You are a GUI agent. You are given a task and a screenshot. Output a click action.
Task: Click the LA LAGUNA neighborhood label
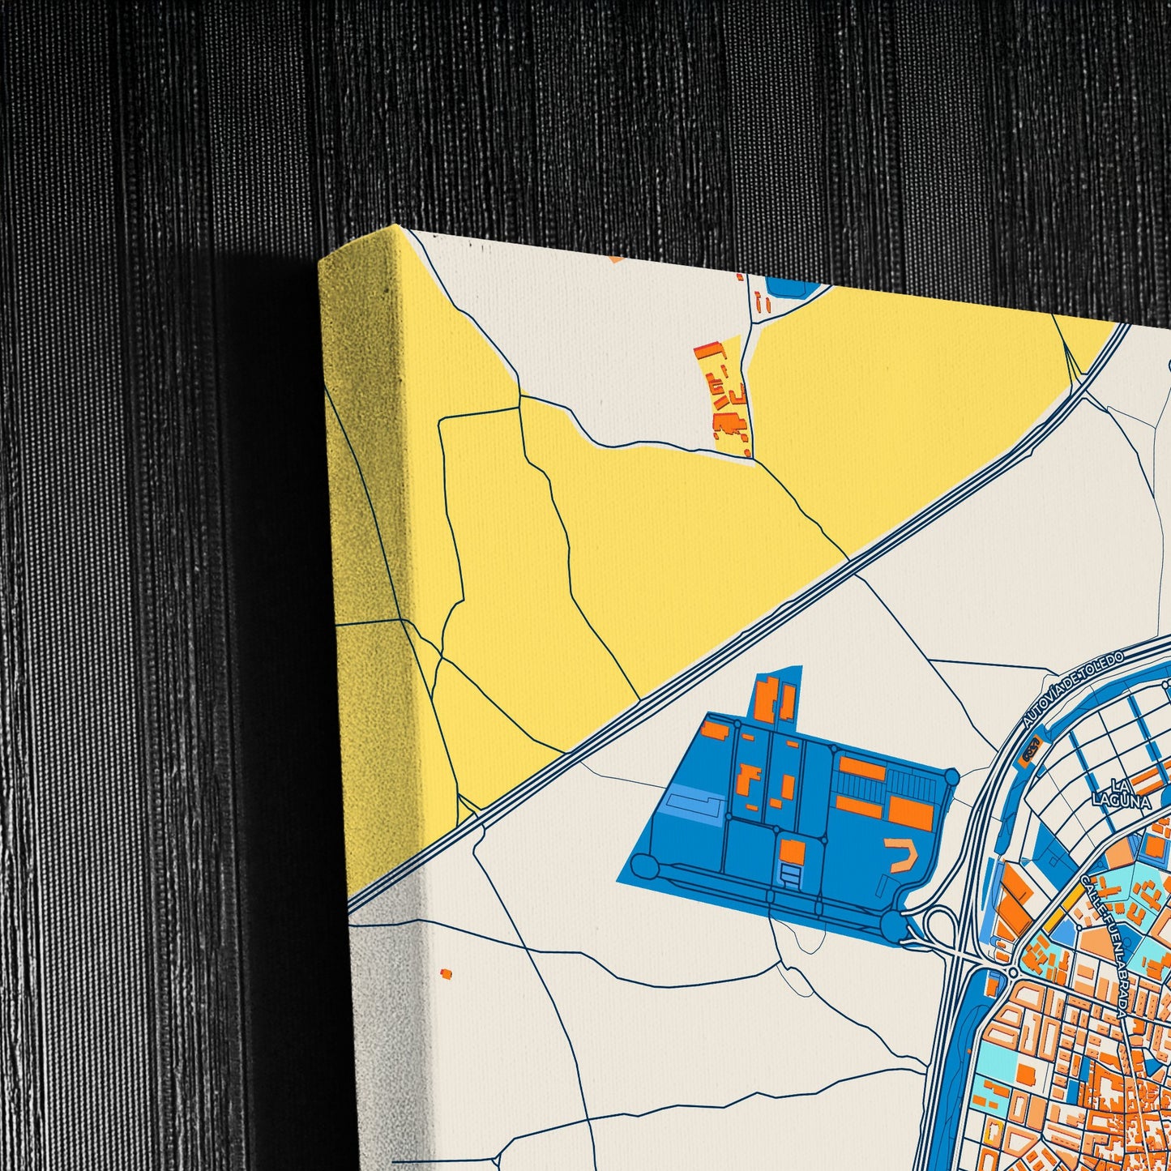[x=1122, y=793]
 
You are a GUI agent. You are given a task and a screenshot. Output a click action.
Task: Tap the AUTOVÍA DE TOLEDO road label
[x=1072, y=689]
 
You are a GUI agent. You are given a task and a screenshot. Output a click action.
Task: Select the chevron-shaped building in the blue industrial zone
[x=904, y=853]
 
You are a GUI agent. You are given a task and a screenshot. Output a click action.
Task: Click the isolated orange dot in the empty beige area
[x=445, y=973]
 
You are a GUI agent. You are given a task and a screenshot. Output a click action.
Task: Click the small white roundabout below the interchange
[x=1012, y=972]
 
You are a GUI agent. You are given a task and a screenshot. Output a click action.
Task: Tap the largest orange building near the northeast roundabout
[x=911, y=812]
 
